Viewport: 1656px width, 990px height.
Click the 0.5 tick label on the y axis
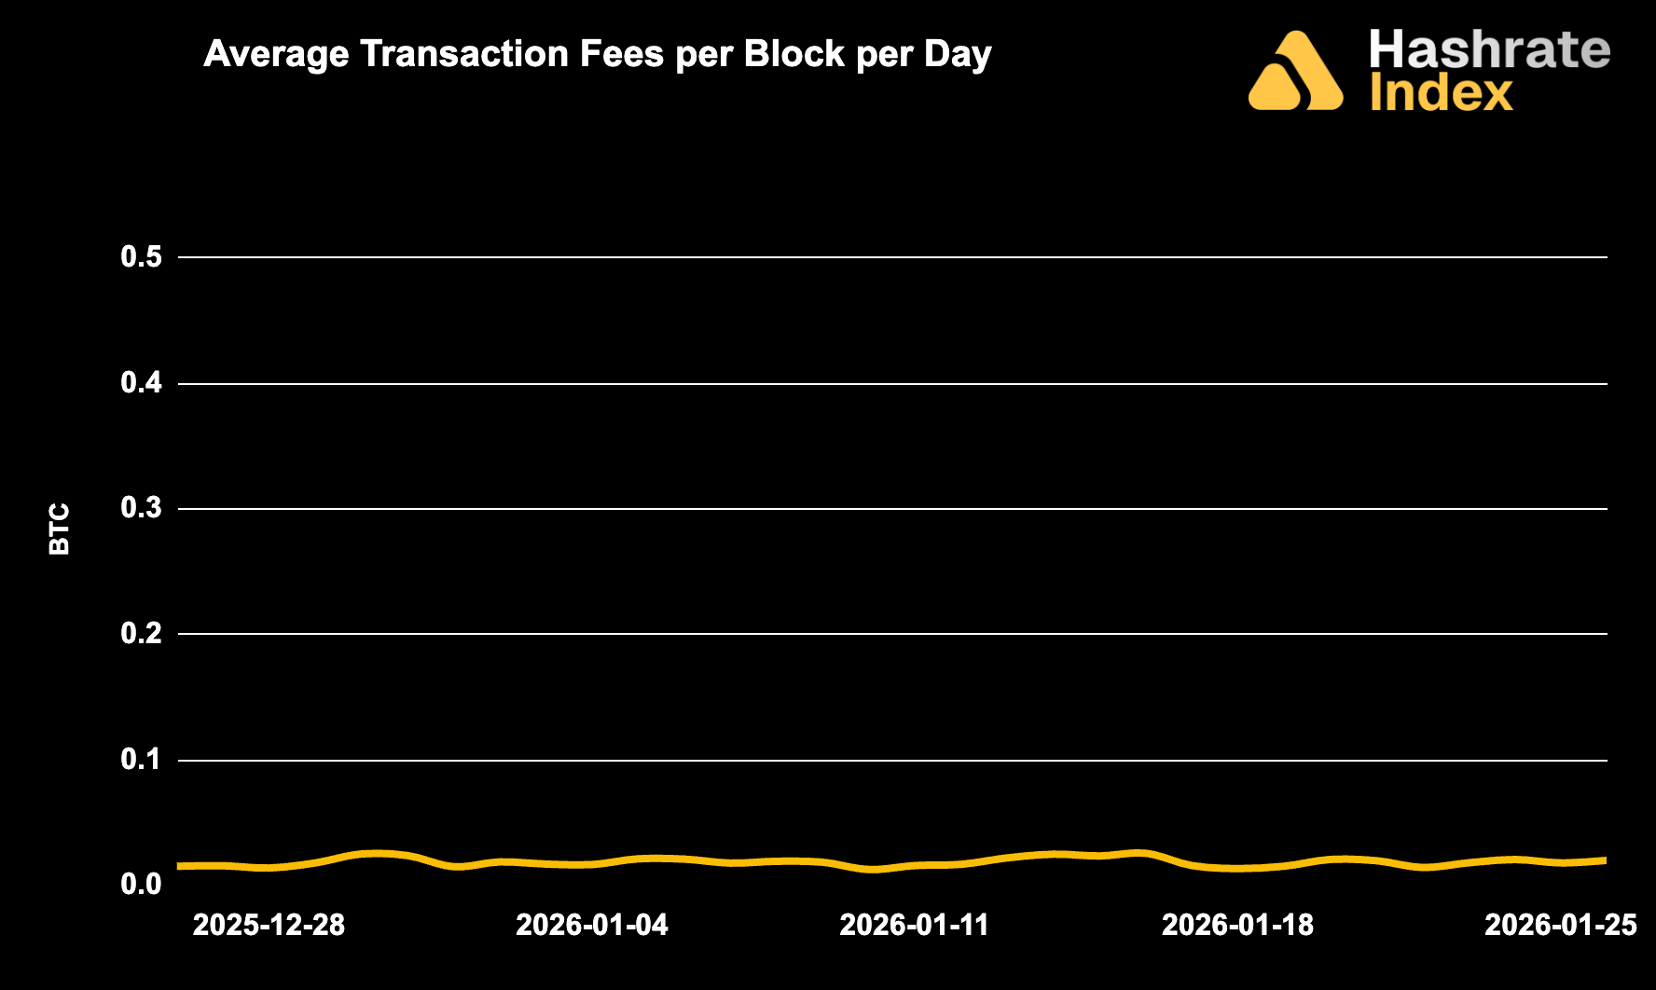pyautogui.click(x=142, y=256)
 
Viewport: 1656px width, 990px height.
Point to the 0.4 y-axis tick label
pyautogui.click(x=142, y=382)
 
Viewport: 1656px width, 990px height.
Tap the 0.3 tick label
pyautogui.click(x=142, y=508)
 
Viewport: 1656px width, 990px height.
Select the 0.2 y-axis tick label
pyautogui.click(x=142, y=634)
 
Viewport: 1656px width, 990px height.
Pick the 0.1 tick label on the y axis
pyautogui.click(x=142, y=760)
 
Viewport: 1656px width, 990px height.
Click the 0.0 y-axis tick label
pyautogui.click(x=142, y=884)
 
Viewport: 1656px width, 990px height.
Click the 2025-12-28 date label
pyautogui.click(x=269, y=925)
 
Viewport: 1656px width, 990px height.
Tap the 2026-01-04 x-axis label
pyautogui.click(x=592, y=925)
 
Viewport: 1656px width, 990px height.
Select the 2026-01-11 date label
pyautogui.click(x=915, y=925)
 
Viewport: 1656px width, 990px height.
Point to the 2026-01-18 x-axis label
pyautogui.click(x=1237, y=925)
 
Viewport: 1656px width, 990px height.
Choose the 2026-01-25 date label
pyautogui.click(x=1560, y=925)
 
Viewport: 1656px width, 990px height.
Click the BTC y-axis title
pyautogui.click(x=60, y=529)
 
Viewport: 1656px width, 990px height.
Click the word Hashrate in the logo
pyautogui.click(x=1489, y=49)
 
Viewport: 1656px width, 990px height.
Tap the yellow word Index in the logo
pyautogui.click(x=1442, y=94)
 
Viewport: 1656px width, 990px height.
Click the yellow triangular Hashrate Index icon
pyautogui.click(x=1295, y=73)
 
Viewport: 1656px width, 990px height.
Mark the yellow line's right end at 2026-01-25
pyautogui.click(x=1605, y=860)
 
